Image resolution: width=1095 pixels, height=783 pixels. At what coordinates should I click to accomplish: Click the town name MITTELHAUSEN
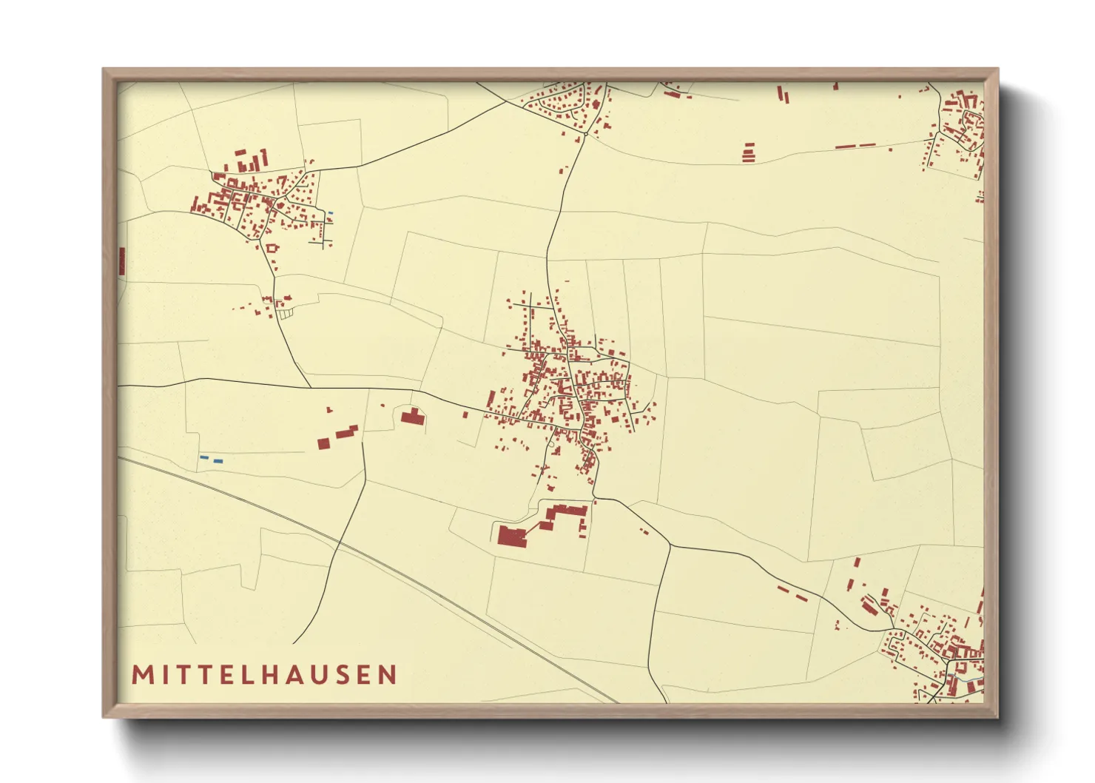[264, 674]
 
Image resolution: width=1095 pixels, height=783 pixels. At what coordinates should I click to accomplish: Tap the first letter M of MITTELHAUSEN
[141, 674]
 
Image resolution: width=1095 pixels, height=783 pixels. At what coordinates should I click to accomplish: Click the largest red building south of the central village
[511, 536]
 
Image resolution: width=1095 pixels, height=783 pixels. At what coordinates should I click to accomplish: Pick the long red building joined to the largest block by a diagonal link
[567, 511]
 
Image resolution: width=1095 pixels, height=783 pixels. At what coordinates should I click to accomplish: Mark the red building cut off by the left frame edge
[121, 261]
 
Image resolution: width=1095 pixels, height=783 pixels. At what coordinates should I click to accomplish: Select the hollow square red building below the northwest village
[272, 249]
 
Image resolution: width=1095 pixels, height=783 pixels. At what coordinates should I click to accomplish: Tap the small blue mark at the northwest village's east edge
[330, 213]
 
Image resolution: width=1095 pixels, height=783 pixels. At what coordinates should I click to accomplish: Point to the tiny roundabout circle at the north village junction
[584, 135]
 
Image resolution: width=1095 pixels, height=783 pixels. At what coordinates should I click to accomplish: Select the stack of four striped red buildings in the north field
[749, 152]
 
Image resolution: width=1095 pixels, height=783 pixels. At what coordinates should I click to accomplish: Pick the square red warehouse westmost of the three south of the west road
[323, 443]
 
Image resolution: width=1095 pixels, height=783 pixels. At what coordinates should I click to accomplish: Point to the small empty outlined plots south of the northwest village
[286, 314]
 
